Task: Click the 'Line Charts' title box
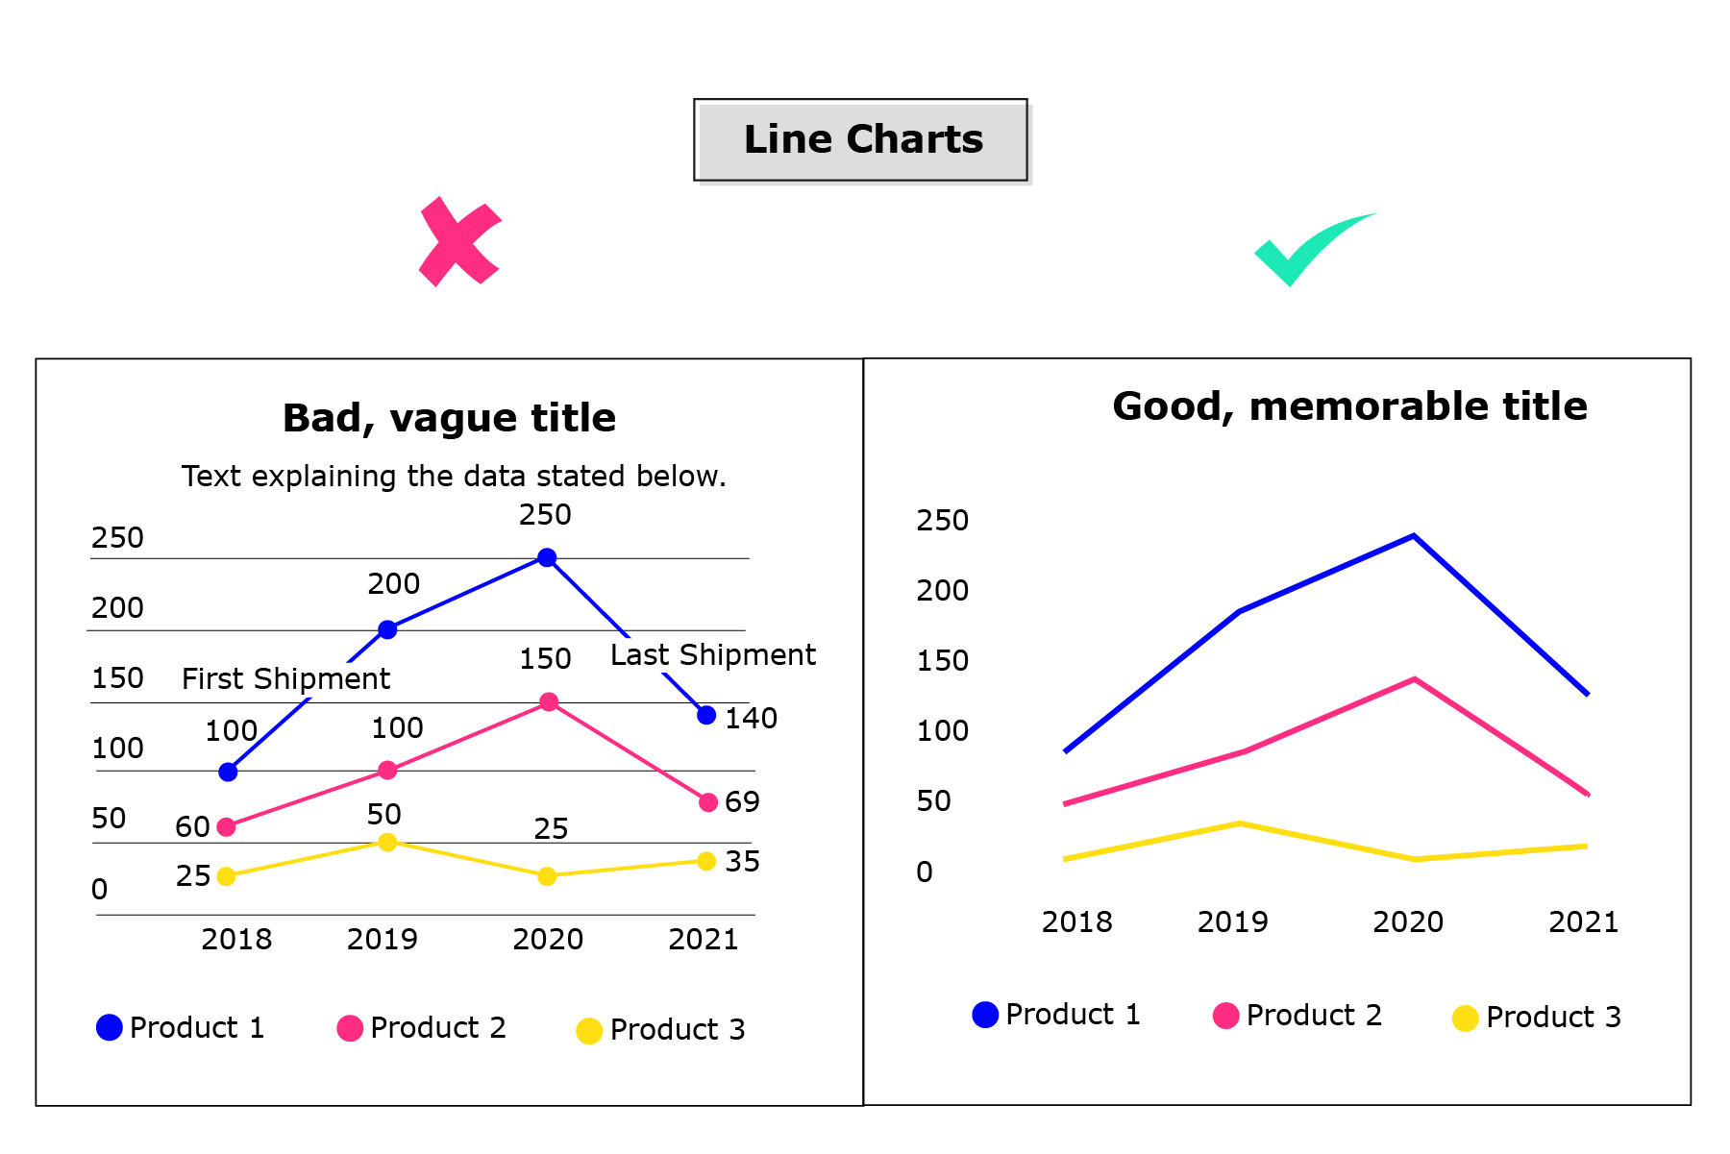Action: click(x=861, y=140)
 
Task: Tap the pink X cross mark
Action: click(x=459, y=242)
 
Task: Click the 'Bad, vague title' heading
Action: click(x=449, y=419)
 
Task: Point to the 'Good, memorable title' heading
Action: click(x=1349, y=406)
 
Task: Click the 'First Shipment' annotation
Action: click(x=285, y=679)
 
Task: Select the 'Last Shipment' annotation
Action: click(x=712, y=655)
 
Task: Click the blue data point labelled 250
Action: click(x=547, y=557)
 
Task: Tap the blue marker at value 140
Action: click(x=706, y=715)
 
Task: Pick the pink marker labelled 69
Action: click(x=708, y=802)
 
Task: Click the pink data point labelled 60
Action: click(x=227, y=826)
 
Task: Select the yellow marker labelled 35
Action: click(x=706, y=861)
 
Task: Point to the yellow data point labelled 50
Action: click(x=387, y=843)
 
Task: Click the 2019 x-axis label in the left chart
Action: click(x=382, y=940)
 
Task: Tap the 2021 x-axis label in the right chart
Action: click(x=1583, y=922)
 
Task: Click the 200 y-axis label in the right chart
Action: click(x=942, y=591)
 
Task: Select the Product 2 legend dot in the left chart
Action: click(x=350, y=1028)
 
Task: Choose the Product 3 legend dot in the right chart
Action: click(x=1465, y=1018)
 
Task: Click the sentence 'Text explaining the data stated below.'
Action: click(x=454, y=477)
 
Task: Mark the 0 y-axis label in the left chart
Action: click(x=100, y=890)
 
